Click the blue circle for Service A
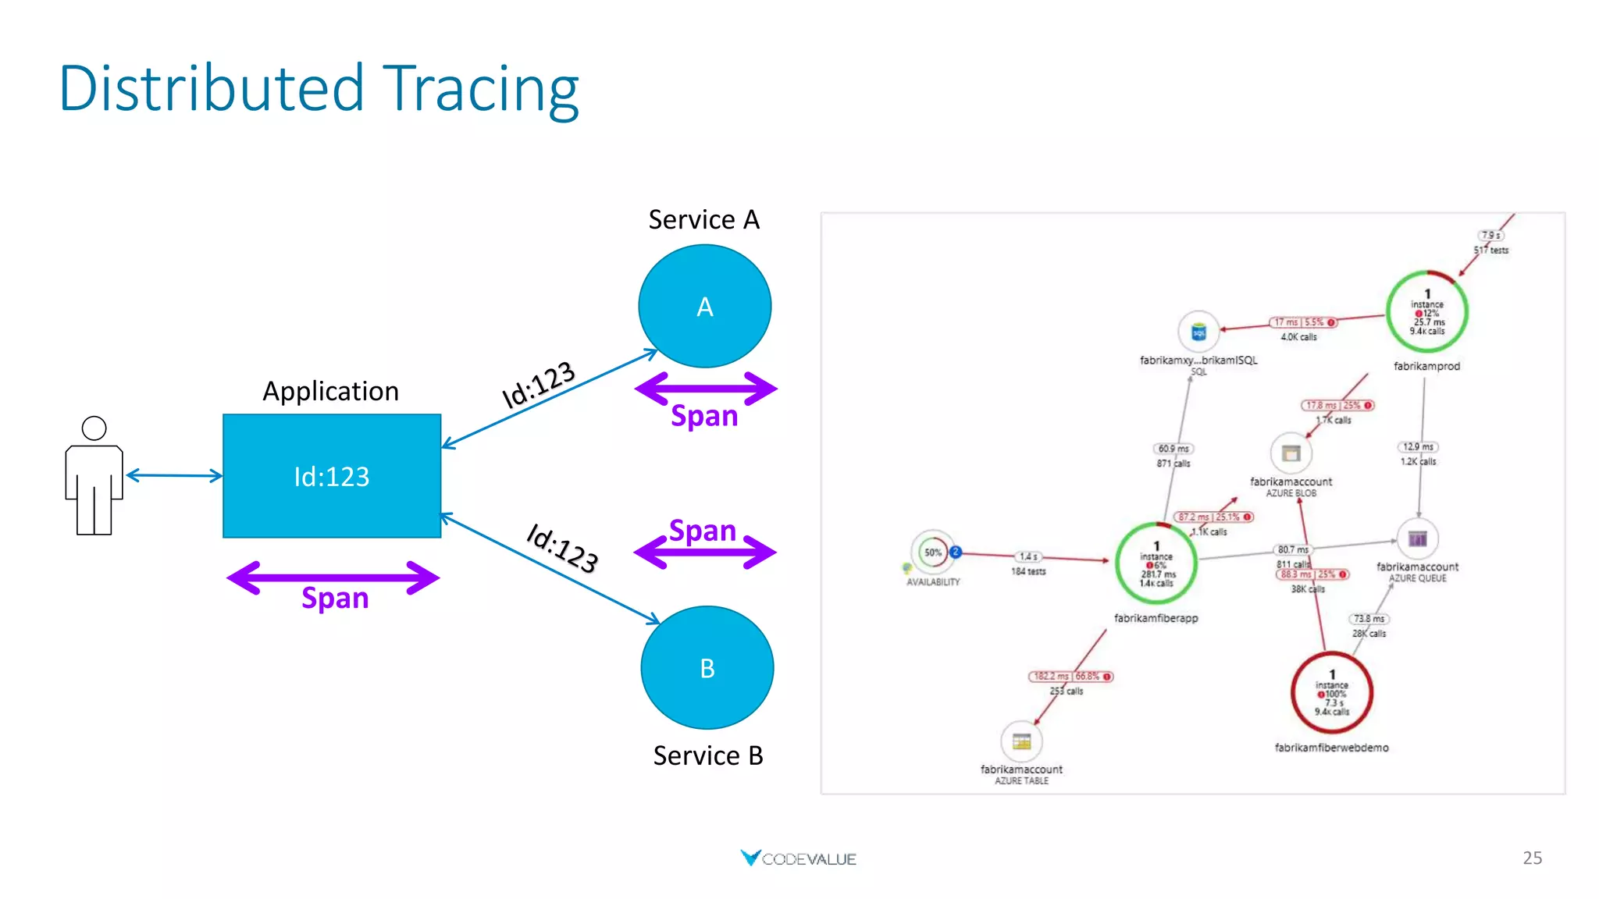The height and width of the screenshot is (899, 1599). (x=704, y=306)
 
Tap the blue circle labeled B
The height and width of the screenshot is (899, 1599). (x=707, y=668)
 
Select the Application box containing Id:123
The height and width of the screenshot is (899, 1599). (x=332, y=476)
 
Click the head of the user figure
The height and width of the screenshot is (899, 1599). (x=94, y=428)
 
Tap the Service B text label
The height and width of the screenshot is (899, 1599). (x=707, y=755)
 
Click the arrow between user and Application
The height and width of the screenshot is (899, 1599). (x=173, y=475)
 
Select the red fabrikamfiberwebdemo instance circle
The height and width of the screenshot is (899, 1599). (x=1332, y=693)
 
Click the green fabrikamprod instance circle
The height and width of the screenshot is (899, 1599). (x=1426, y=312)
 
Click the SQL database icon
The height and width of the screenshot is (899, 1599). (x=1198, y=332)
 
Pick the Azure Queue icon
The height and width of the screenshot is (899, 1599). (x=1417, y=538)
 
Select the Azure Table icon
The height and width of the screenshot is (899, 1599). (x=1021, y=741)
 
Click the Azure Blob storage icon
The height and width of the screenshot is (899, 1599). (x=1291, y=453)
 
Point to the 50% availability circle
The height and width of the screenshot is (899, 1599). (x=932, y=553)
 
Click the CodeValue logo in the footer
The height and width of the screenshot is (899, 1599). (x=798, y=858)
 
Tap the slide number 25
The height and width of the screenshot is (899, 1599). (x=1532, y=858)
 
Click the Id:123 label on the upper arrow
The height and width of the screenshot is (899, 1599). (x=538, y=384)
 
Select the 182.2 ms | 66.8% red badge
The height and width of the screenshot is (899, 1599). (x=1070, y=677)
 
